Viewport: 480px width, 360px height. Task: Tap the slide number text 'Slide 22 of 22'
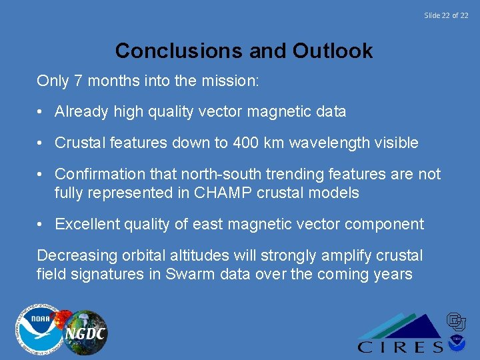(446, 15)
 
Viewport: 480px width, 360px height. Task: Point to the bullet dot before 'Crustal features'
(41, 143)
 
